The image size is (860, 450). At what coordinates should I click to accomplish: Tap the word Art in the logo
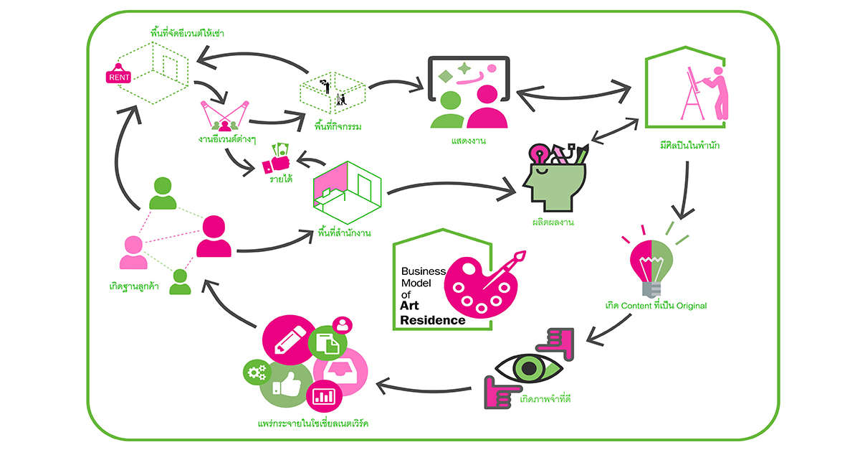pyautogui.click(x=413, y=307)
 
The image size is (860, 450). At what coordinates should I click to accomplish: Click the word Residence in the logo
pyautogui.click(x=432, y=320)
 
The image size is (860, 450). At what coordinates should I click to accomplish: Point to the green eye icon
pyautogui.click(x=528, y=368)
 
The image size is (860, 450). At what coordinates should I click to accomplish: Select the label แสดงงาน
pyautogui.click(x=469, y=140)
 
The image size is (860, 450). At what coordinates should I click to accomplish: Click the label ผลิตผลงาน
pyautogui.click(x=554, y=222)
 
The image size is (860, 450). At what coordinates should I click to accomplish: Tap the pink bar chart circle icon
pyautogui.click(x=323, y=395)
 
